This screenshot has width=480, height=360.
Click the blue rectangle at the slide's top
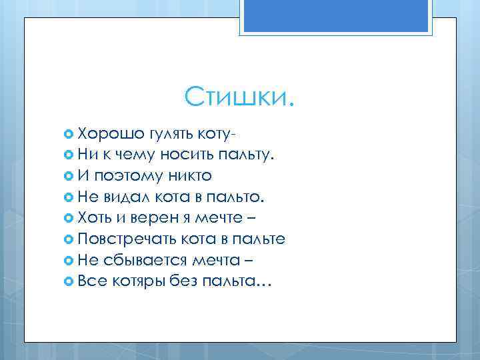pyautogui.click(x=339, y=16)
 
